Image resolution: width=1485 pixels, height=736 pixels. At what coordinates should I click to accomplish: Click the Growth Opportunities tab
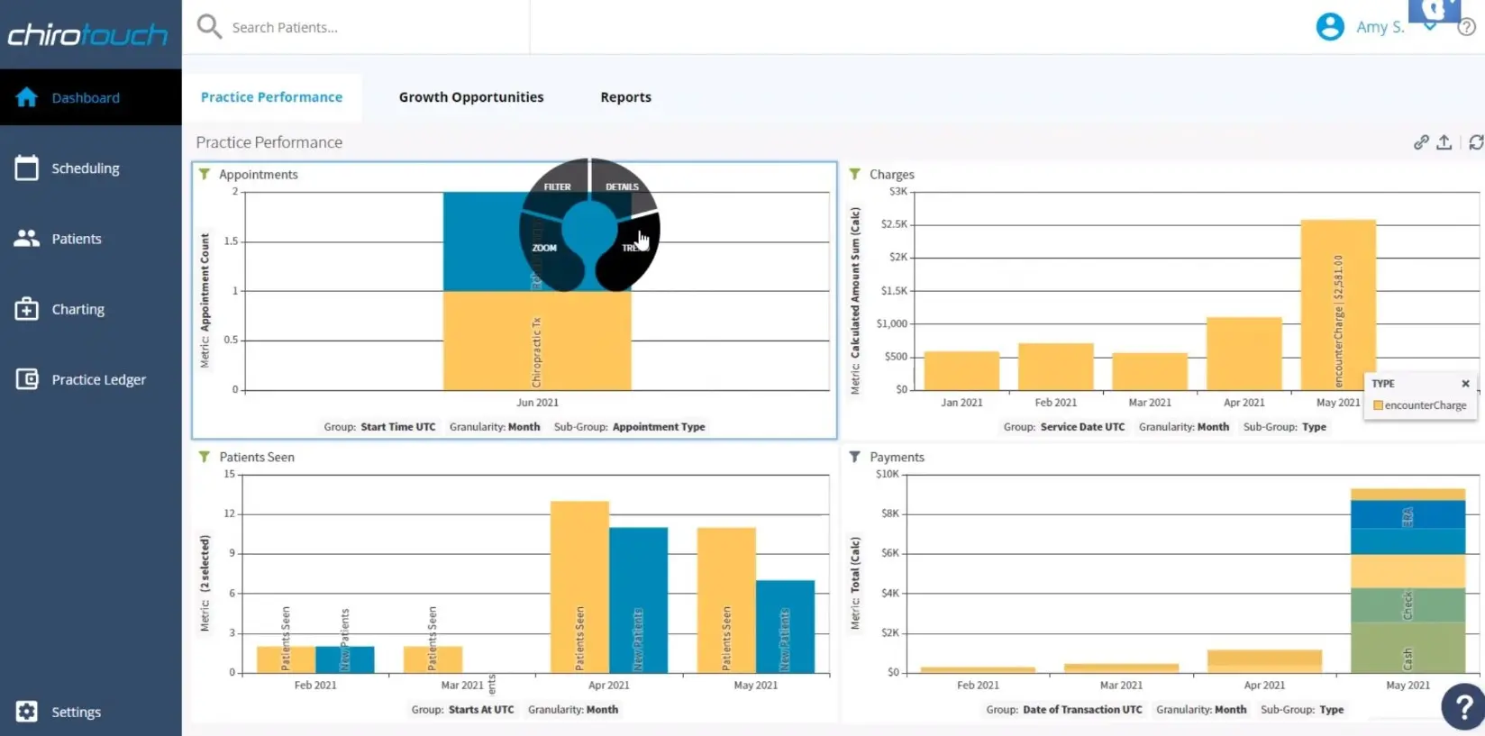click(470, 97)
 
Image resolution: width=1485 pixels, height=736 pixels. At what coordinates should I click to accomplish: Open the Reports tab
click(625, 97)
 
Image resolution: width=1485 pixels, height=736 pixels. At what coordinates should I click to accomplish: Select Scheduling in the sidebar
click(85, 168)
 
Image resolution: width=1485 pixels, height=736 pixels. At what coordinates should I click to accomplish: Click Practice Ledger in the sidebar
click(97, 379)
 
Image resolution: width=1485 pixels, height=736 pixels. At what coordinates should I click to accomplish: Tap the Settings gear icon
click(27, 712)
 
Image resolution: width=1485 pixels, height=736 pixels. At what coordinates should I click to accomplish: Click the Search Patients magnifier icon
click(209, 26)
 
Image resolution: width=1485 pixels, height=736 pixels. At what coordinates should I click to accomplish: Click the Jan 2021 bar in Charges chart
click(961, 370)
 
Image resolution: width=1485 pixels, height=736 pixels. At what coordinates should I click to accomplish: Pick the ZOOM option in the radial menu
click(544, 248)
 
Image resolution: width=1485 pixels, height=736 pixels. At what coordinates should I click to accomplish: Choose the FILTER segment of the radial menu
click(557, 186)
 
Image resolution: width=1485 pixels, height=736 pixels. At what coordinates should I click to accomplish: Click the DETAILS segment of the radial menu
click(622, 186)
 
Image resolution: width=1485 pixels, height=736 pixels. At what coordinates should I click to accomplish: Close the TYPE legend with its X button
click(1465, 384)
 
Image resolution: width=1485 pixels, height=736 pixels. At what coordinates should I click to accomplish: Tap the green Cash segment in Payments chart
click(1408, 649)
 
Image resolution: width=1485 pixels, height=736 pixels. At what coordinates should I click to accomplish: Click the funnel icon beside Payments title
click(854, 457)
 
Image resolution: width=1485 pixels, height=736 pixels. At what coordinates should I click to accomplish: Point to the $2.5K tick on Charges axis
click(894, 224)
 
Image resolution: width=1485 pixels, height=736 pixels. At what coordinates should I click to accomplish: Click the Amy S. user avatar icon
click(1329, 27)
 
